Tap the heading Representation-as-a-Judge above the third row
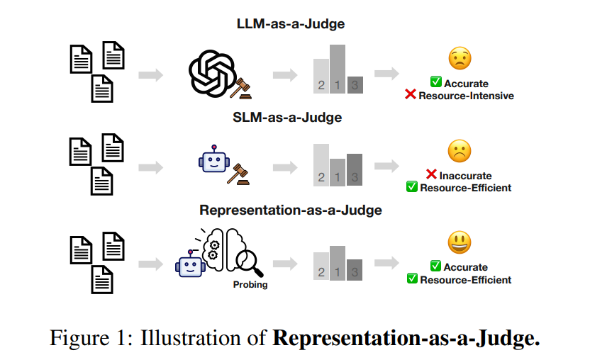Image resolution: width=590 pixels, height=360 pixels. click(291, 210)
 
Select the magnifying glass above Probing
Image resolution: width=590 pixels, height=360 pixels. click(248, 264)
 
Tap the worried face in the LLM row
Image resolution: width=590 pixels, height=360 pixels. click(460, 59)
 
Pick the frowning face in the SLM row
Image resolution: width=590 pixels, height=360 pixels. click(460, 151)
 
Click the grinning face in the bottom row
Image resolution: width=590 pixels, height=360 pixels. click(460, 243)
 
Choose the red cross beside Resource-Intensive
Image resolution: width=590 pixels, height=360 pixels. click(411, 95)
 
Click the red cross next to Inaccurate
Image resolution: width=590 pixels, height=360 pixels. click(430, 175)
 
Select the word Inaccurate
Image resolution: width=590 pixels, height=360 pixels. click(465, 175)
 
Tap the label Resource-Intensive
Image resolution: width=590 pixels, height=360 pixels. click(467, 95)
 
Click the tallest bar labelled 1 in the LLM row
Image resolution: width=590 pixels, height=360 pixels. click(338, 69)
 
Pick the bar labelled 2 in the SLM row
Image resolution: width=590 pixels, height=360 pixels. click(321, 164)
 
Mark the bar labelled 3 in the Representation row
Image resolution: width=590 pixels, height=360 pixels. click(355, 266)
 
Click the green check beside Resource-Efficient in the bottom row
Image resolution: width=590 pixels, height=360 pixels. click(412, 279)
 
